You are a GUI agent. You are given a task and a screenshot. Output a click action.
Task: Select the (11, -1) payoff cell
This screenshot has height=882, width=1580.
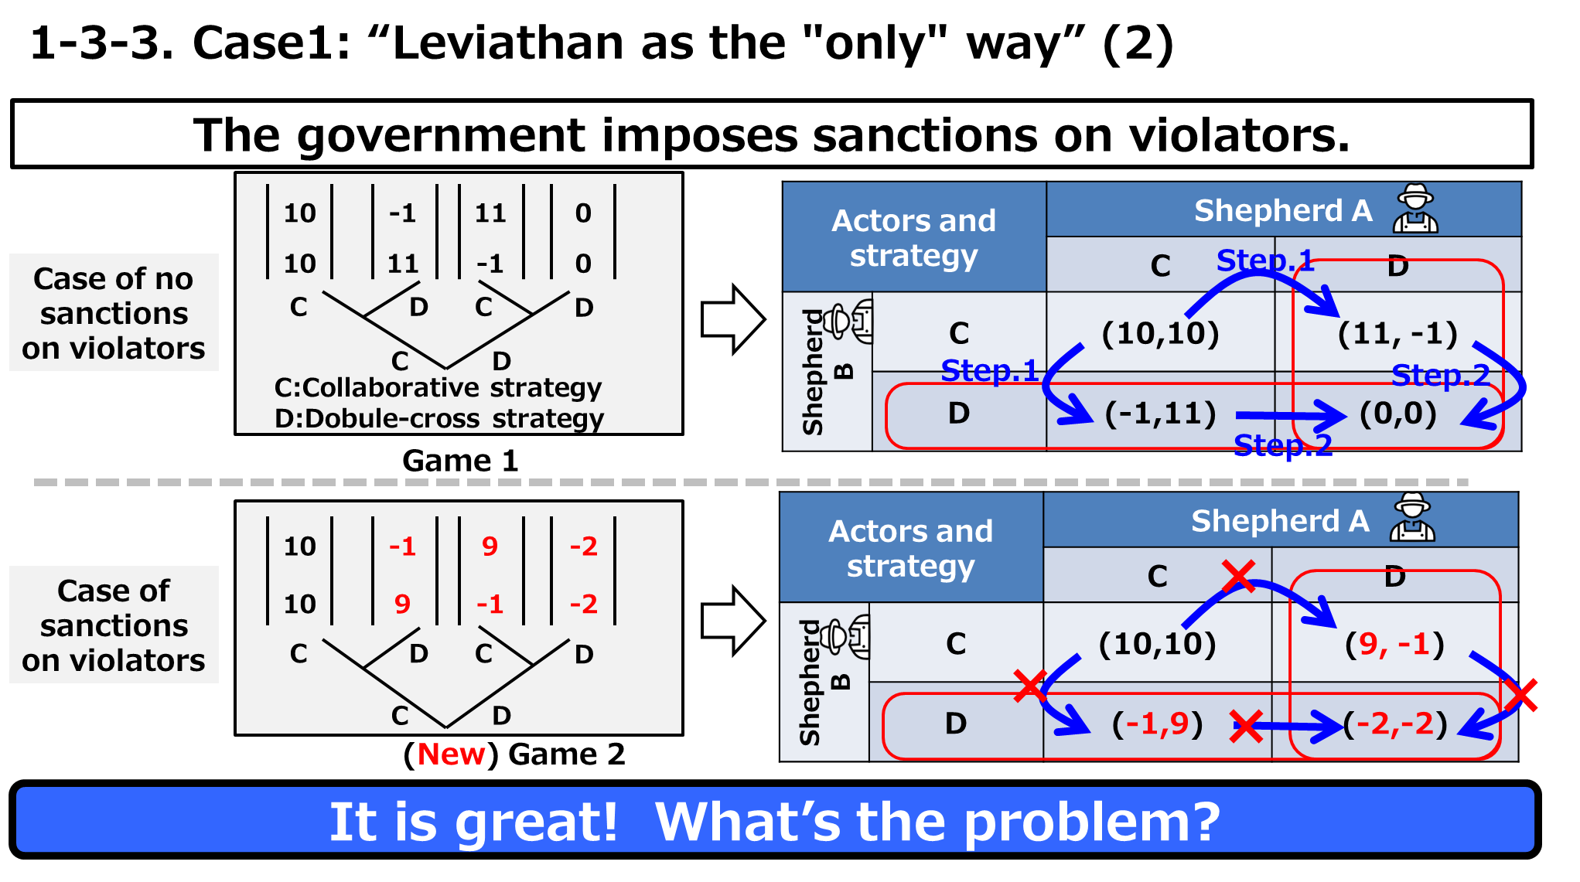[1397, 333]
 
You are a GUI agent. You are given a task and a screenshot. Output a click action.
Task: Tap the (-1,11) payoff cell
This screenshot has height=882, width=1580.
[1160, 414]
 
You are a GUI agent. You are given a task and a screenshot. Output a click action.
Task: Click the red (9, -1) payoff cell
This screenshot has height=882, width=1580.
[1394, 644]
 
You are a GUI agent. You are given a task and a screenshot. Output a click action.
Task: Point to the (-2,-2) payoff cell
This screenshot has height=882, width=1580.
[1395, 724]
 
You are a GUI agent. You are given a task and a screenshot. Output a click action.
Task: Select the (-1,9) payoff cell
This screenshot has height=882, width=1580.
[1157, 724]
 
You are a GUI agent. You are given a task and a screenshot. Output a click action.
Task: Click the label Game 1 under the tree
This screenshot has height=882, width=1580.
[460, 461]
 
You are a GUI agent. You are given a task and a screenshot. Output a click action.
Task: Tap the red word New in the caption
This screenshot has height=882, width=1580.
[452, 754]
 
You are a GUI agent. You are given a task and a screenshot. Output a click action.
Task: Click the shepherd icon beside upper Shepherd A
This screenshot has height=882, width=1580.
[1415, 209]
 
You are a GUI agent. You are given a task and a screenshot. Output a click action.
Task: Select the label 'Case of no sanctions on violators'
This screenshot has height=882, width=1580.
[114, 313]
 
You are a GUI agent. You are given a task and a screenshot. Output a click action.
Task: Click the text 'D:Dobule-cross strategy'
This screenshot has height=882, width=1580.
[439, 418]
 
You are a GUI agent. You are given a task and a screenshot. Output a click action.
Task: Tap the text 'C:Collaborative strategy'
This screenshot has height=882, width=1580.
[438, 387]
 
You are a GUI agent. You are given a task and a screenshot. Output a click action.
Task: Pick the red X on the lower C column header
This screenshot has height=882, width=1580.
[1239, 576]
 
